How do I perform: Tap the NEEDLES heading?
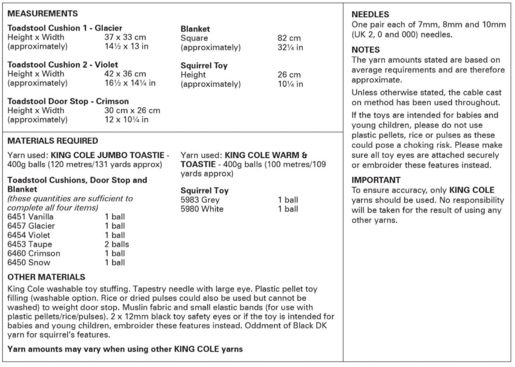370,15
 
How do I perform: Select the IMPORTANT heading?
376,180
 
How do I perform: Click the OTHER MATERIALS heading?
47,277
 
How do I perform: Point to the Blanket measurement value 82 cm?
289,38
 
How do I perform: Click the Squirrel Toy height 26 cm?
289,75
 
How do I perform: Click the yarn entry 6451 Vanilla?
31,217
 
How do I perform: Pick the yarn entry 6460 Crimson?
34,253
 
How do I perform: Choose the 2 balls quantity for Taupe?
117,244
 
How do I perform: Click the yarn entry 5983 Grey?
200,200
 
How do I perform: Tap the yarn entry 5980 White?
202,209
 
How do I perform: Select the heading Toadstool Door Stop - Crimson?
68,101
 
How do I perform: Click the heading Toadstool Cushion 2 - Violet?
63,65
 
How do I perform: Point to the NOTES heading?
366,49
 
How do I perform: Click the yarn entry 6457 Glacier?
31,226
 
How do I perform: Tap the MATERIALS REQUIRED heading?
52,141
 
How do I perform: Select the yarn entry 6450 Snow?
29,263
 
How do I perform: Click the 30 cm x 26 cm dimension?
132,110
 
